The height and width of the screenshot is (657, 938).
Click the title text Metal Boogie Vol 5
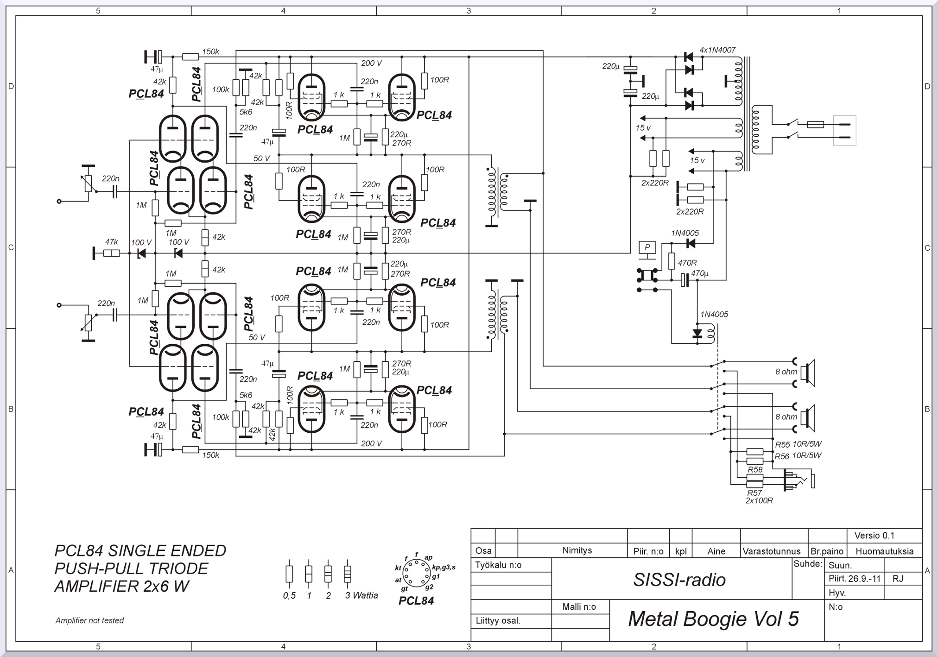(713, 619)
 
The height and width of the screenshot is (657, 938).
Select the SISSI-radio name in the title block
(679, 580)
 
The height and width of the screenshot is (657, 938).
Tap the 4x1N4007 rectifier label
(717, 50)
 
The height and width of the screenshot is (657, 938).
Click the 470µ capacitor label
(700, 274)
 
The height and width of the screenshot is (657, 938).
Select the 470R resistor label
(687, 263)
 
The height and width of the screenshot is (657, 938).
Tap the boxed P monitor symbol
(647, 248)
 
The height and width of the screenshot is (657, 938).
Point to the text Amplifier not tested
(89, 620)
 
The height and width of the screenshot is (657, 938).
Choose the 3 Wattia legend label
(361, 595)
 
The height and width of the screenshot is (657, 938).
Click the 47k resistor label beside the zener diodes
(111, 242)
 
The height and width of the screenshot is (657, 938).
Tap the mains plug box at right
(844, 131)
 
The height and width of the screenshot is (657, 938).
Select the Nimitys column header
(577, 550)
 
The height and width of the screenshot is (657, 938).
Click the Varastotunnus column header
(772, 551)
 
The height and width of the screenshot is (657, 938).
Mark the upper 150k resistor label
(210, 51)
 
